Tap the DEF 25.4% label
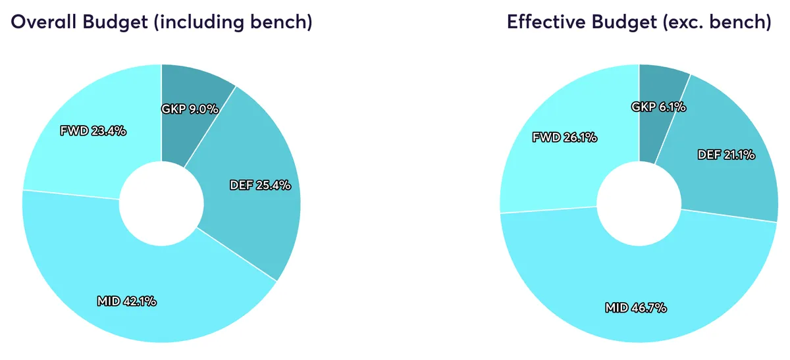point(260,185)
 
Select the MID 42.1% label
point(126,301)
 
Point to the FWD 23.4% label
point(93,131)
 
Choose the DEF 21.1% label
point(726,155)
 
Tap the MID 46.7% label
point(636,307)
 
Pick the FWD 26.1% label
point(564,138)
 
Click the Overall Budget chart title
point(161,22)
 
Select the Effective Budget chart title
point(639,22)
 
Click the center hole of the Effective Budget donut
point(639,203)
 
